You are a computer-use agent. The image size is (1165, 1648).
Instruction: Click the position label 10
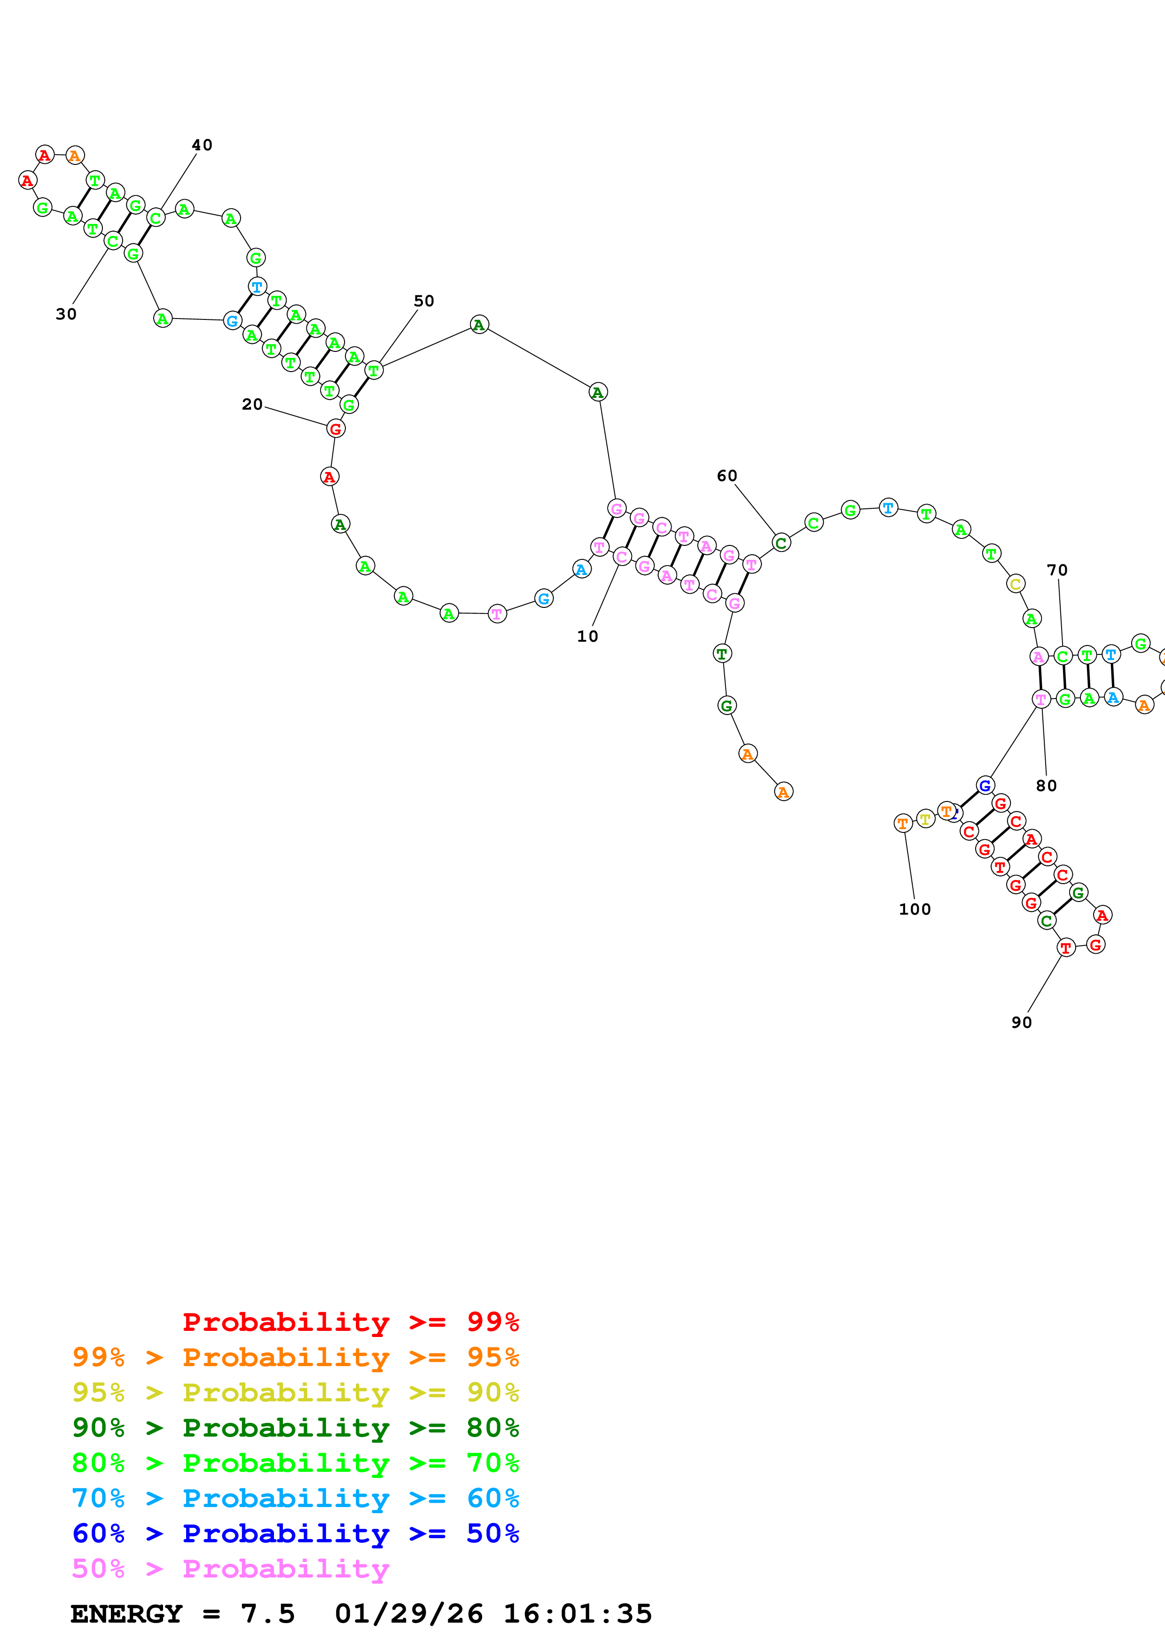(x=587, y=637)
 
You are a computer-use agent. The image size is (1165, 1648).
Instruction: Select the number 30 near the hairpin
(x=66, y=314)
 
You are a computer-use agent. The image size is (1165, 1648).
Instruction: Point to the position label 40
(x=202, y=145)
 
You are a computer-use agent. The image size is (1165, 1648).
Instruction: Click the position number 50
(x=423, y=301)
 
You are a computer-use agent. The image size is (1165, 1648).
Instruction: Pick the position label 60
(x=727, y=476)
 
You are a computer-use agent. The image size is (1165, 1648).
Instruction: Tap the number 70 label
(x=1056, y=570)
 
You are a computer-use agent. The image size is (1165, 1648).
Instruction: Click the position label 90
(x=1022, y=1023)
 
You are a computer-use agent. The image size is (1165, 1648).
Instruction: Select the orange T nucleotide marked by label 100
(x=903, y=823)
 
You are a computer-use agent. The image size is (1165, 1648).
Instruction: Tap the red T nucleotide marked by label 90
(x=1066, y=948)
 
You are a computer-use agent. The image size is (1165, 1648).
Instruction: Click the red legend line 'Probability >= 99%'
(x=350, y=1322)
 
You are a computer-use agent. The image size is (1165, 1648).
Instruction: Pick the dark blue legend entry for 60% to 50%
(x=295, y=1534)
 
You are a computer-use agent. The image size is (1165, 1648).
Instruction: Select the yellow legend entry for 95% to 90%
(x=295, y=1392)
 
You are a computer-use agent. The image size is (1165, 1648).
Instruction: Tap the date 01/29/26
(x=408, y=1614)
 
